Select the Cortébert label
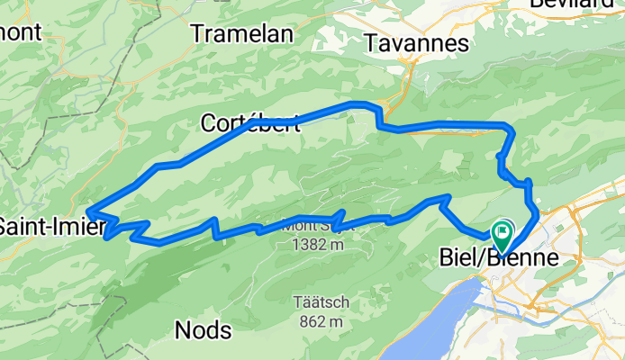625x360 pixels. [x=250, y=123]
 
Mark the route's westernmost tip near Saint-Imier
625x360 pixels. [x=87, y=211]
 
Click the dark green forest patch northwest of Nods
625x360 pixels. [x=153, y=270]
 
